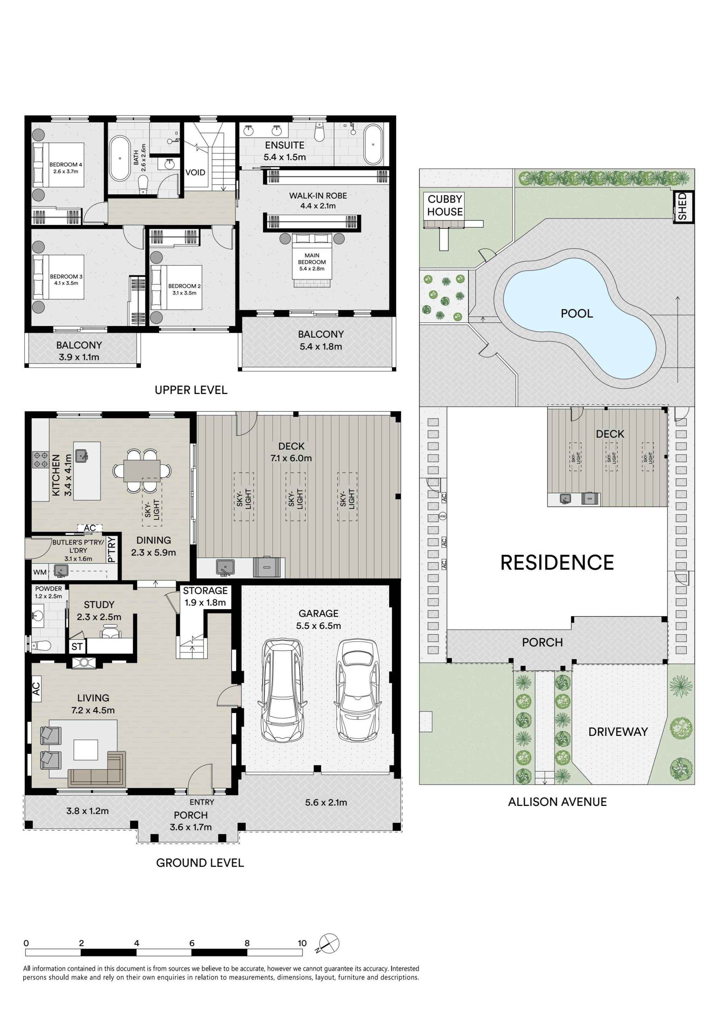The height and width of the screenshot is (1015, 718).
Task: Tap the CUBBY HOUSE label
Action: coord(445,205)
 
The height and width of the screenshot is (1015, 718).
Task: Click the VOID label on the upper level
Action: coord(195,172)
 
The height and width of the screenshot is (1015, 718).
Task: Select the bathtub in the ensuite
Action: coord(373,145)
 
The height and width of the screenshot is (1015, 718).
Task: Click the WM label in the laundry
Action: coord(40,572)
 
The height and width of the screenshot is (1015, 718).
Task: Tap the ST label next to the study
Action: coord(77,647)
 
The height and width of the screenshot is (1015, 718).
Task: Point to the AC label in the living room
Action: coord(36,688)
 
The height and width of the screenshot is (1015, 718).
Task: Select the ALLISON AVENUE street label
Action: coord(557,801)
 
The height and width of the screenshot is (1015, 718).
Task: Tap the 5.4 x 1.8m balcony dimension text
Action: coord(320,347)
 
